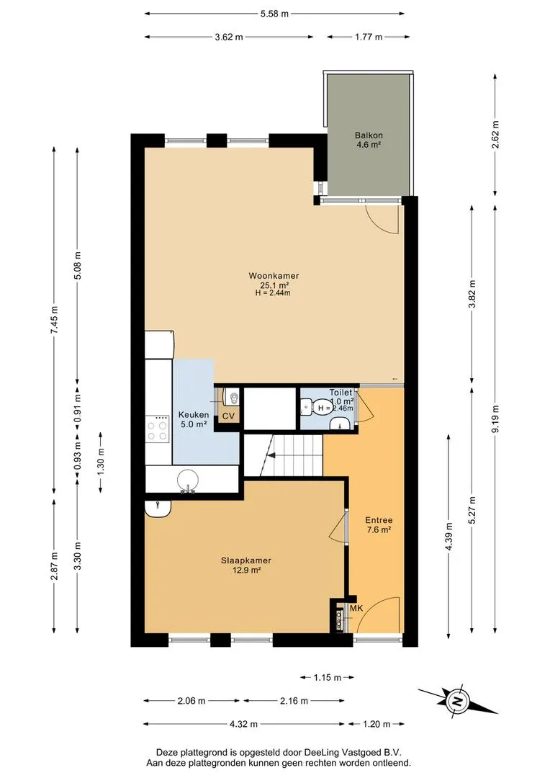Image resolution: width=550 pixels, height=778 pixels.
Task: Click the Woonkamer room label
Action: tap(274, 276)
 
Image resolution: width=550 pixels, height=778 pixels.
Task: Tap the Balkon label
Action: tap(369, 135)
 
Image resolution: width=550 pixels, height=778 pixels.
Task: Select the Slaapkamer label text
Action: tap(246, 560)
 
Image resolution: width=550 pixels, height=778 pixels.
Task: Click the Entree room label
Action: tap(379, 520)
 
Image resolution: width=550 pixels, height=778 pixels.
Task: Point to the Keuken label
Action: tap(194, 415)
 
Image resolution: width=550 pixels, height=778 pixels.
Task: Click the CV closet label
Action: tap(228, 416)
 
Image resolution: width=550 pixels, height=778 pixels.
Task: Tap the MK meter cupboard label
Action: tap(356, 608)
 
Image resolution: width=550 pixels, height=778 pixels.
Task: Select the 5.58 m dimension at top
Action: tap(274, 14)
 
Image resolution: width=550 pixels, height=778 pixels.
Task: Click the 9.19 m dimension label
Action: tap(495, 419)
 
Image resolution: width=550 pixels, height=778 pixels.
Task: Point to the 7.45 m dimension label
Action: tap(54, 320)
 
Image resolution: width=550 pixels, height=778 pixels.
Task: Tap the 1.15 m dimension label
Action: tap(328, 677)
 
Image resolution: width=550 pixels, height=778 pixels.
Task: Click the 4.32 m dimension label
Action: tap(243, 724)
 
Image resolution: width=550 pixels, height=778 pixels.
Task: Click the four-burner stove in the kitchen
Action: tap(157, 429)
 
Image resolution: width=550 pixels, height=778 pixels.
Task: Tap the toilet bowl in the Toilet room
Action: tap(307, 407)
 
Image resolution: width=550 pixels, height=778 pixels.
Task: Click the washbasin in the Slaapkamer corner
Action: tap(158, 508)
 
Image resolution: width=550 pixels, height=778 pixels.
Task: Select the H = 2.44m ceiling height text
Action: tap(273, 292)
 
